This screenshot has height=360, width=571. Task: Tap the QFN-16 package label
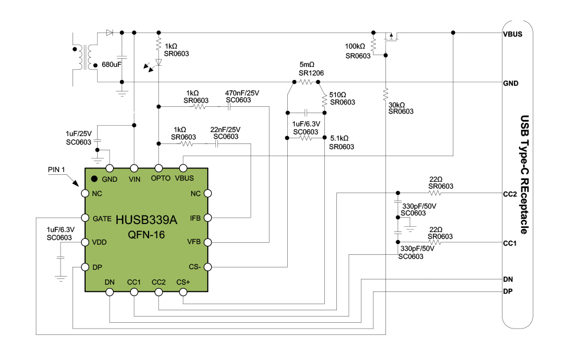pyautogui.click(x=147, y=234)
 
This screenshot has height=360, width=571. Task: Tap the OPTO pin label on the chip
pyautogui.click(x=160, y=178)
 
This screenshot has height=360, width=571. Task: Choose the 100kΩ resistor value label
pyautogui.click(x=355, y=46)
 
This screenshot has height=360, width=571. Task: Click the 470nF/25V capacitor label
pyautogui.click(x=242, y=93)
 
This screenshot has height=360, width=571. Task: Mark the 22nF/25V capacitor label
pyautogui.click(x=226, y=129)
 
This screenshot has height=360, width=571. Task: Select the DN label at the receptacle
pyautogui.click(x=508, y=279)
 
